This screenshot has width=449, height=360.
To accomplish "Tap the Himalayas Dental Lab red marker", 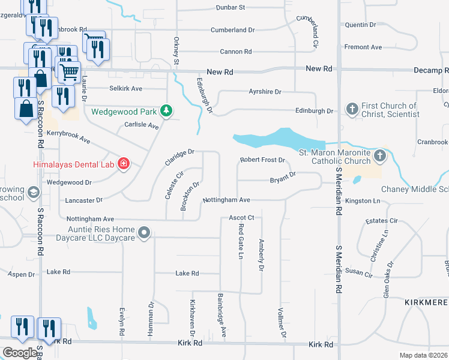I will coord(124,164).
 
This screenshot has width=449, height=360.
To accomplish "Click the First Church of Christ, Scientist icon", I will coord(352,109).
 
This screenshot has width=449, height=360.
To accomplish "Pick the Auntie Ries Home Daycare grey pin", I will coord(143,232).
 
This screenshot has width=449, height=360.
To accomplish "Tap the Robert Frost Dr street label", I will coord(262,160).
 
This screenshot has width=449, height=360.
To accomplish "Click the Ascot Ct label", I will coord(242,217).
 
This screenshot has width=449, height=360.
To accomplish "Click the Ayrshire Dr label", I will coord(265,92).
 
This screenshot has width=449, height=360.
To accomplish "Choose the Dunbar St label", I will coord(231,8).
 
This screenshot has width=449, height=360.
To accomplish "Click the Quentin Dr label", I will coord(361,25).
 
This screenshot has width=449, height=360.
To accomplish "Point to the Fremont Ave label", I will coord(363,47).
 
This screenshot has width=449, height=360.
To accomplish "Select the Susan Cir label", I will coord(359,272).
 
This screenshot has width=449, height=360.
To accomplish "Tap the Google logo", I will coord(20,353).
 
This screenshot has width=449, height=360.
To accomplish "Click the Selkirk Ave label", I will coord(125,88).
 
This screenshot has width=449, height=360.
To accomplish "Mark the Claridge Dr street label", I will coord(180,158).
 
